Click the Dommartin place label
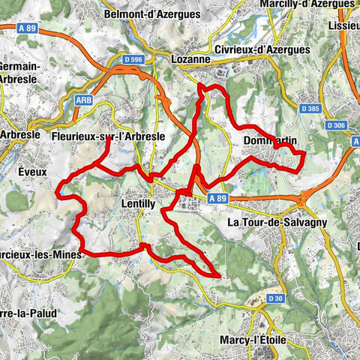pos(270,140)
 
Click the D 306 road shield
pos(337,125)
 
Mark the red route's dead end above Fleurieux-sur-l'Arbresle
pos(109,139)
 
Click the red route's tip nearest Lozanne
pos(200,88)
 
